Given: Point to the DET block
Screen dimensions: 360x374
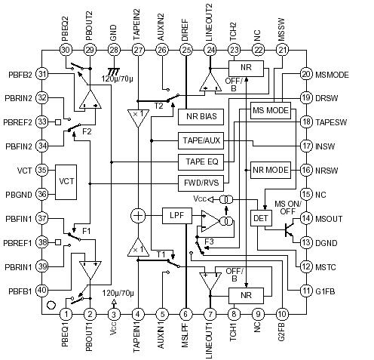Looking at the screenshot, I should coord(261,218).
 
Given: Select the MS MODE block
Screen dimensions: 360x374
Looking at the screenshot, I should coord(271,111).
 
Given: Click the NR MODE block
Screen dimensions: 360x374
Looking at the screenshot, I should coord(271,171).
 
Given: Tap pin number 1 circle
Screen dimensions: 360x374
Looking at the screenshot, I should coord(66,314).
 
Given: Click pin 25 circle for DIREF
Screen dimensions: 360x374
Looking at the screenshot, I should coord(185,50).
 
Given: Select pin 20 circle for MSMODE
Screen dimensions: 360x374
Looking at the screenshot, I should coord(306,74).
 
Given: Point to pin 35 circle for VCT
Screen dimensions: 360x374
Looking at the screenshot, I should coord(42,171).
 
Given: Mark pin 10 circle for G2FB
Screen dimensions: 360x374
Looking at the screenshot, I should coord(281,314).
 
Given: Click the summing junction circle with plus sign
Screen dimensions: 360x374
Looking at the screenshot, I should coord(138,216).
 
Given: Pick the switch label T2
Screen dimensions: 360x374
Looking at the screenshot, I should coord(159,106).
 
